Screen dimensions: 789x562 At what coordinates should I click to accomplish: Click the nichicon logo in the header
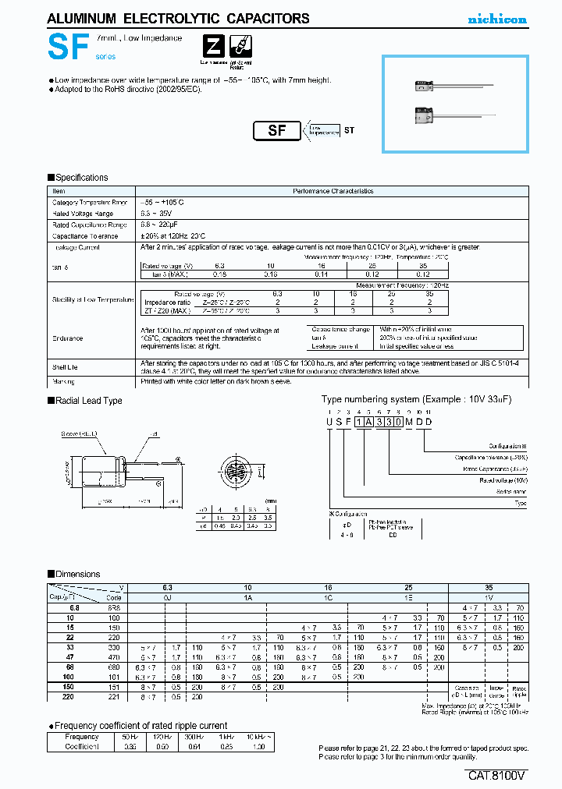[x=497, y=19]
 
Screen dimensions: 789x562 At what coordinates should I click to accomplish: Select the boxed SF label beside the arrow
[x=277, y=131]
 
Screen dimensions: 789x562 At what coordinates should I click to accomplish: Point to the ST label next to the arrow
[x=349, y=130]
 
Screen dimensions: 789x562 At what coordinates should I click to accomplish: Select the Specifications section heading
[x=81, y=178]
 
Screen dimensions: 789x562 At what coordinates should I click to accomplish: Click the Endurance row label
[x=67, y=338]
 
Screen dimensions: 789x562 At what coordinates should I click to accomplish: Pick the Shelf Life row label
[x=65, y=363]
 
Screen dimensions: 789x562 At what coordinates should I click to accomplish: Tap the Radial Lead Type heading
[x=88, y=401]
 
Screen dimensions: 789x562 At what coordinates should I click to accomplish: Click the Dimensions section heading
[x=77, y=575]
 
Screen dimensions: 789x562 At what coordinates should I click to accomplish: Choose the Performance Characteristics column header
[x=333, y=191]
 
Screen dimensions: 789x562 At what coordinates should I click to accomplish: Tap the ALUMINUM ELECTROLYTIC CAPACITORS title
[x=179, y=19]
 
